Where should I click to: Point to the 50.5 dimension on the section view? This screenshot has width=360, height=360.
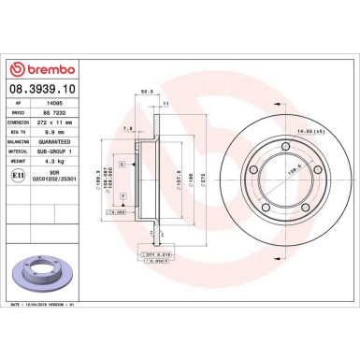[146, 93]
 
